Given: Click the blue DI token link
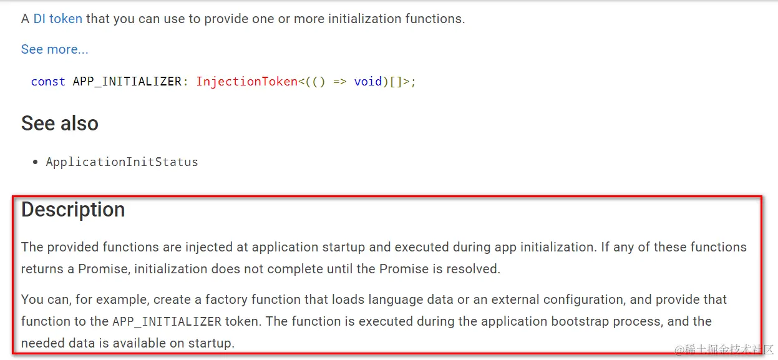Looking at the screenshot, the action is point(57,19).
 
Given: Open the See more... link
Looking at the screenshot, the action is point(55,49).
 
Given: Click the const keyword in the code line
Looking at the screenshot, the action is point(48,82).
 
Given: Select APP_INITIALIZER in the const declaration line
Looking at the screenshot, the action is point(127,82).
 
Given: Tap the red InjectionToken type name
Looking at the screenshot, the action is point(246,82).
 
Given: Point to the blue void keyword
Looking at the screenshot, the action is point(367,82).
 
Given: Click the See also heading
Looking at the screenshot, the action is point(60,124).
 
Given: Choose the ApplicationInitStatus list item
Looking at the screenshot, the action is point(122,162).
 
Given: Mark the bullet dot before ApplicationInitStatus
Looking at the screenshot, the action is point(36,162).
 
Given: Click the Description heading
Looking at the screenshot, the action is point(73,210).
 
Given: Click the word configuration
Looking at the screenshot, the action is point(590,299).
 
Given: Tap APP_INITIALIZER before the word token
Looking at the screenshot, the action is point(167,322).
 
